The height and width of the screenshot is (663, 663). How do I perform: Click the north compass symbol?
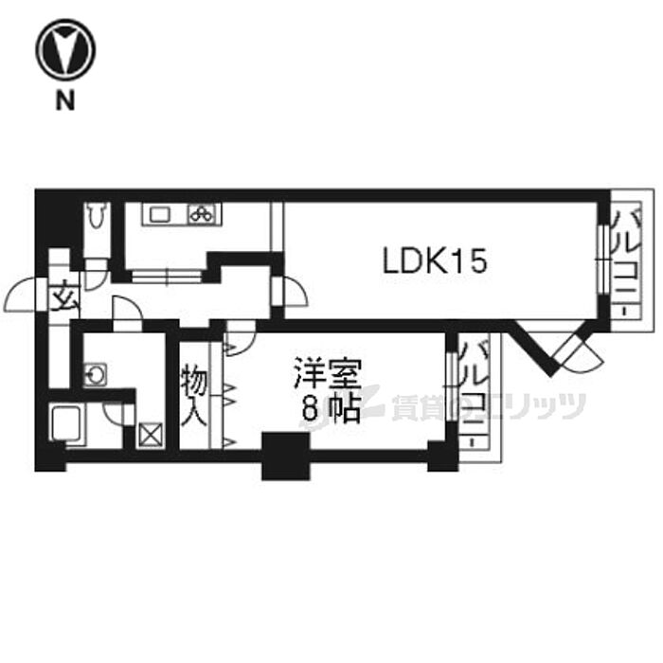[x=65, y=49]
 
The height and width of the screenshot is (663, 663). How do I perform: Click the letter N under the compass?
[x=65, y=101]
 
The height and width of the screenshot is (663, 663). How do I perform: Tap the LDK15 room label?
[x=435, y=260]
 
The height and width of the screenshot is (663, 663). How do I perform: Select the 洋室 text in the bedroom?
[x=328, y=373]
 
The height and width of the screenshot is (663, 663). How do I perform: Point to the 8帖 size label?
[x=331, y=409]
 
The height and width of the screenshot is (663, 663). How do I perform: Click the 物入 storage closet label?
[x=194, y=398]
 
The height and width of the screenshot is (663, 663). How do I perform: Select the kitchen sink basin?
[x=159, y=215]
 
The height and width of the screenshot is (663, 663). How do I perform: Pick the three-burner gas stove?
[x=202, y=214]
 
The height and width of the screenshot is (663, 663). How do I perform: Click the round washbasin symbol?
[x=95, y=374]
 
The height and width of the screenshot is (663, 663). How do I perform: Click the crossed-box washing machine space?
[x=150, y=435]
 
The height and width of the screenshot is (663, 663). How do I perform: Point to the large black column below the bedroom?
[x=285, y=457]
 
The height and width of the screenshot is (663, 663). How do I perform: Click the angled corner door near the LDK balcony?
[x=581, y=352]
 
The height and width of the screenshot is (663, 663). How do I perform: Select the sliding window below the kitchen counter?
[x=166, y=277]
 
